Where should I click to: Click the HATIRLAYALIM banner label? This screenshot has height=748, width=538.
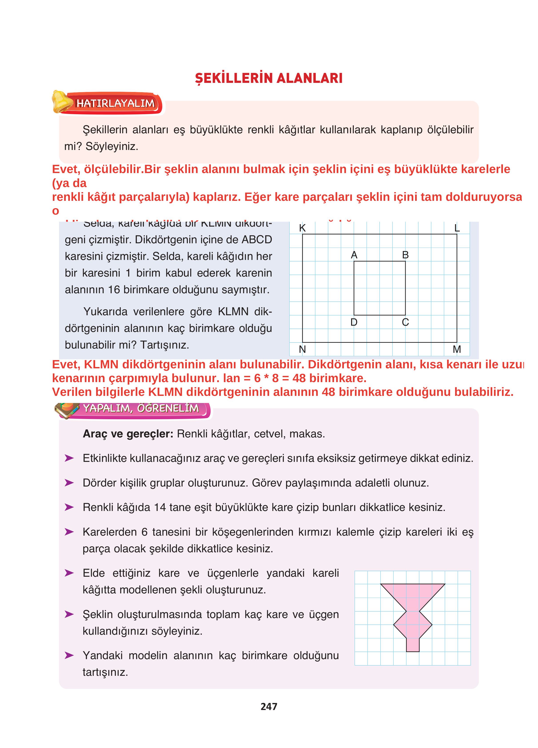pos(116,104)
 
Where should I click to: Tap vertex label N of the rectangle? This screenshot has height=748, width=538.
pos(302,349)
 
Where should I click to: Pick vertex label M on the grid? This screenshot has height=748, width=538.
pos(457,349)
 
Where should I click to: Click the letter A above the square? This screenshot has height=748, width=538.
pos(354,255)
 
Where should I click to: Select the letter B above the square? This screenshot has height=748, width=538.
pos(405,255)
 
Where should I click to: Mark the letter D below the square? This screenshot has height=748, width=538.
pos(354,322)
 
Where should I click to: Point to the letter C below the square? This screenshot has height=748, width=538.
pos(405,322)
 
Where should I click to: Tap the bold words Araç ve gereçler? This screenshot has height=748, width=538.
pos(128,434)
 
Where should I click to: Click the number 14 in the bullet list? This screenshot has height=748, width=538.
pos(160,507)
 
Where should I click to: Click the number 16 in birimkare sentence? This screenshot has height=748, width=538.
pos(114,289)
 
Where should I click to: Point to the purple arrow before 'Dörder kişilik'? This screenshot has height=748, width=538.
pos(69,483)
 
